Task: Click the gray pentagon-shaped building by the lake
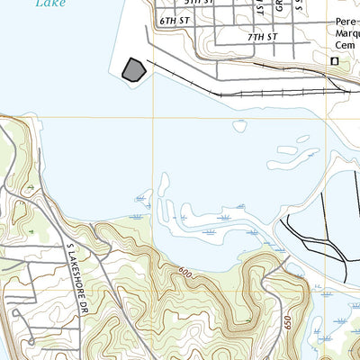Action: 133,69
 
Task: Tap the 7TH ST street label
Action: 260,38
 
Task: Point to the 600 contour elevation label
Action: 185,271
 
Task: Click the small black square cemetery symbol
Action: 335,60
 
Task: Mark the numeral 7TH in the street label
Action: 253,38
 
